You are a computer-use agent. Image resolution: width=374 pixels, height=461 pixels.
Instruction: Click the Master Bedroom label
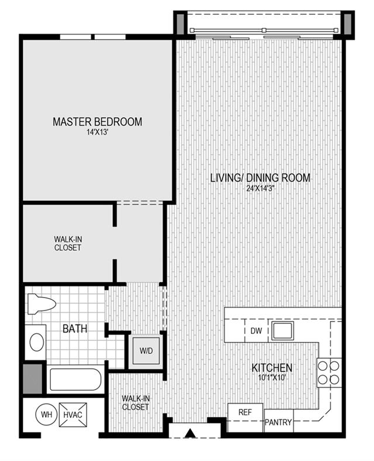click(97, 122)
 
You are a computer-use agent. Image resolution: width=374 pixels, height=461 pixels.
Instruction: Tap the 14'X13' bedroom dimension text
click(98, 132)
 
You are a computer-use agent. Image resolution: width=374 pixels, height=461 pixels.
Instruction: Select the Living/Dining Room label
click(260, 178)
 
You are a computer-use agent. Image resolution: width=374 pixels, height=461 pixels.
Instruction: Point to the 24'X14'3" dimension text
click(260, 189)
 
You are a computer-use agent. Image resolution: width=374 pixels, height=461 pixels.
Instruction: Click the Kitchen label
click(272, 368)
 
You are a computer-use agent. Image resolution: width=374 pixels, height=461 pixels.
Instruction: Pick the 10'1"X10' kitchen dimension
click(272, 378)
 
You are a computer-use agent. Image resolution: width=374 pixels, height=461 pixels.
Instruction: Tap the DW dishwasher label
click(256, 331)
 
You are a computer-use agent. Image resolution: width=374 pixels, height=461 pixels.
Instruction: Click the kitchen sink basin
click(282, 331)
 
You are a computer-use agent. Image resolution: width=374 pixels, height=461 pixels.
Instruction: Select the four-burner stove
click(329, 373)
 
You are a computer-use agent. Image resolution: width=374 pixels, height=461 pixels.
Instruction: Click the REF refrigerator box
click(245, 412)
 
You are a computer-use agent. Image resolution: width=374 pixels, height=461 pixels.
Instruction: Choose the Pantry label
click(278, 422)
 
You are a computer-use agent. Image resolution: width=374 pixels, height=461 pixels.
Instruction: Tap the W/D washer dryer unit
click(146, 351)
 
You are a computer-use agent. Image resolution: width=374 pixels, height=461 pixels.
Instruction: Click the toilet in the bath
click(42, 303)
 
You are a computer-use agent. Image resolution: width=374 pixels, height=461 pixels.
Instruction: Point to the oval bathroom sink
click(37, 342)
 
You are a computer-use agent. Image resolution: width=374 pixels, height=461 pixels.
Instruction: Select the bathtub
click(76, 380)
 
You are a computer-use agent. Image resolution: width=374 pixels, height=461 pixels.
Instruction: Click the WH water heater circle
click(46, 415)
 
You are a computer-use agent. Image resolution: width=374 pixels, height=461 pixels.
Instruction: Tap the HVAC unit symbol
click(73, 415)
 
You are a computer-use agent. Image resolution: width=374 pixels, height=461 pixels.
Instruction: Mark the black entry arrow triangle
click(191, 433)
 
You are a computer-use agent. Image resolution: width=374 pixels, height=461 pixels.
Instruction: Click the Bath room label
click(75, 329)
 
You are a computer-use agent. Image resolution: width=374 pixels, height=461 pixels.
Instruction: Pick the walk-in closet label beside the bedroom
click(68, 244)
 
